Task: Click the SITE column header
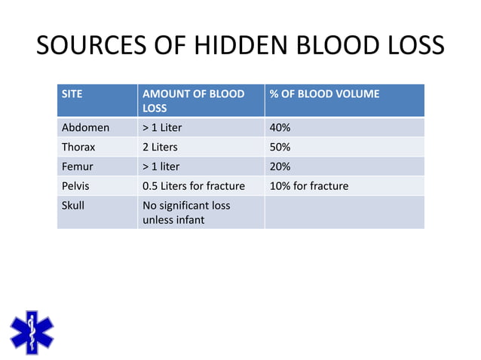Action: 72,95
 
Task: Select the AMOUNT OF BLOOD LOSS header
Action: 193,101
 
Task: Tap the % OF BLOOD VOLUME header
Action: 324,95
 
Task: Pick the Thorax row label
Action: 78,147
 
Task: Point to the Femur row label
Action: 78,166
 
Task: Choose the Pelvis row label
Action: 76,186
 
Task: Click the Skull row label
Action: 74,206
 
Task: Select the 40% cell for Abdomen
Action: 280,127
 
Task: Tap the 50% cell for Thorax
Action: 280,147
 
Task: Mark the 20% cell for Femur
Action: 280,166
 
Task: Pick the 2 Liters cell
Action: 160,147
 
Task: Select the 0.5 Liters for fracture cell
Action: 193,186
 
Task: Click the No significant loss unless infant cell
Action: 186,212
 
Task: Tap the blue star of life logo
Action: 31,332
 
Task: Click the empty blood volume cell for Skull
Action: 344,212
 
